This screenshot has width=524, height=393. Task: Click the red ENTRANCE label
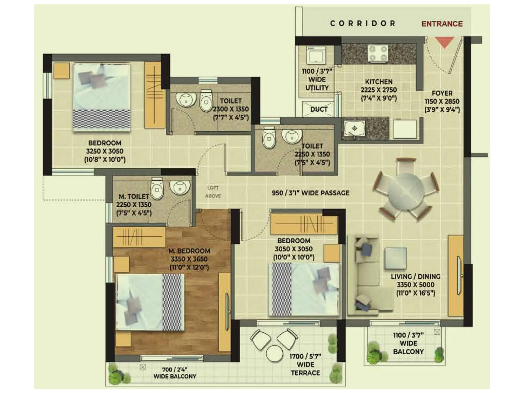(x=442, y=24)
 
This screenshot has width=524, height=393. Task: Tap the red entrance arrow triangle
(x=444, y=42)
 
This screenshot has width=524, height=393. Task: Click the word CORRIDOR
(x=363, y=24)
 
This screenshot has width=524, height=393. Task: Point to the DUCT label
(x=319, y=109)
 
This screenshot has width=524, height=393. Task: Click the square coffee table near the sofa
(x=395, y=258)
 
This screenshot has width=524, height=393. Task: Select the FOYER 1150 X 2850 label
(x=442, y=101)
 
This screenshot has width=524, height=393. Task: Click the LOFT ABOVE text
(x=213, y=192)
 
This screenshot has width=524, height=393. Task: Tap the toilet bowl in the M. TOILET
(x=157, y=189)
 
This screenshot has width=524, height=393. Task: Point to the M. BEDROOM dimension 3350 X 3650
(x=189, y=259)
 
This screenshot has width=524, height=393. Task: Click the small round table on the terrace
(x=274, y=353)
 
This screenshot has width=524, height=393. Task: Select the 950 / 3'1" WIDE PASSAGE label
(x=310, y=193)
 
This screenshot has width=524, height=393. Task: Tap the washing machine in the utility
(x=316, y=55)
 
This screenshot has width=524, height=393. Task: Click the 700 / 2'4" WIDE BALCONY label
(x=175, y=373)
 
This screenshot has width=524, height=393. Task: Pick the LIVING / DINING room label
(x=415, y=276)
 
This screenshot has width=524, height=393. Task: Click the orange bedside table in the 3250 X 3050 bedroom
(x=62, y=71)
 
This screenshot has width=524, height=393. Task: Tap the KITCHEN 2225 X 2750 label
(x=379, y=89)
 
